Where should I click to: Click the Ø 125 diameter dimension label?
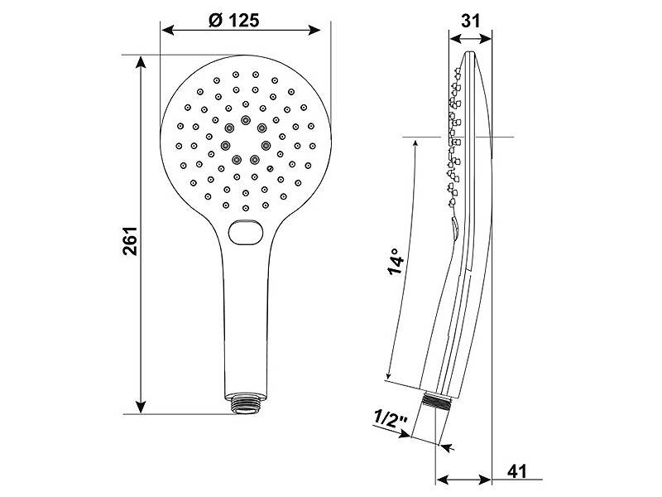click(x=234, y=20)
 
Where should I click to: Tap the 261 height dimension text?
click(x=130, y=240)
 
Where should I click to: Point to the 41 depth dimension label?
click(x=516, y=470)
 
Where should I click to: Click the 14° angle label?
click(x=396, y=262)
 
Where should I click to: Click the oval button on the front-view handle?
click(x=246, y=232)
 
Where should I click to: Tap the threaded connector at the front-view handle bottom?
click(x=245, y=403)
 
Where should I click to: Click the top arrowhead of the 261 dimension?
click(x=141, y=64)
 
